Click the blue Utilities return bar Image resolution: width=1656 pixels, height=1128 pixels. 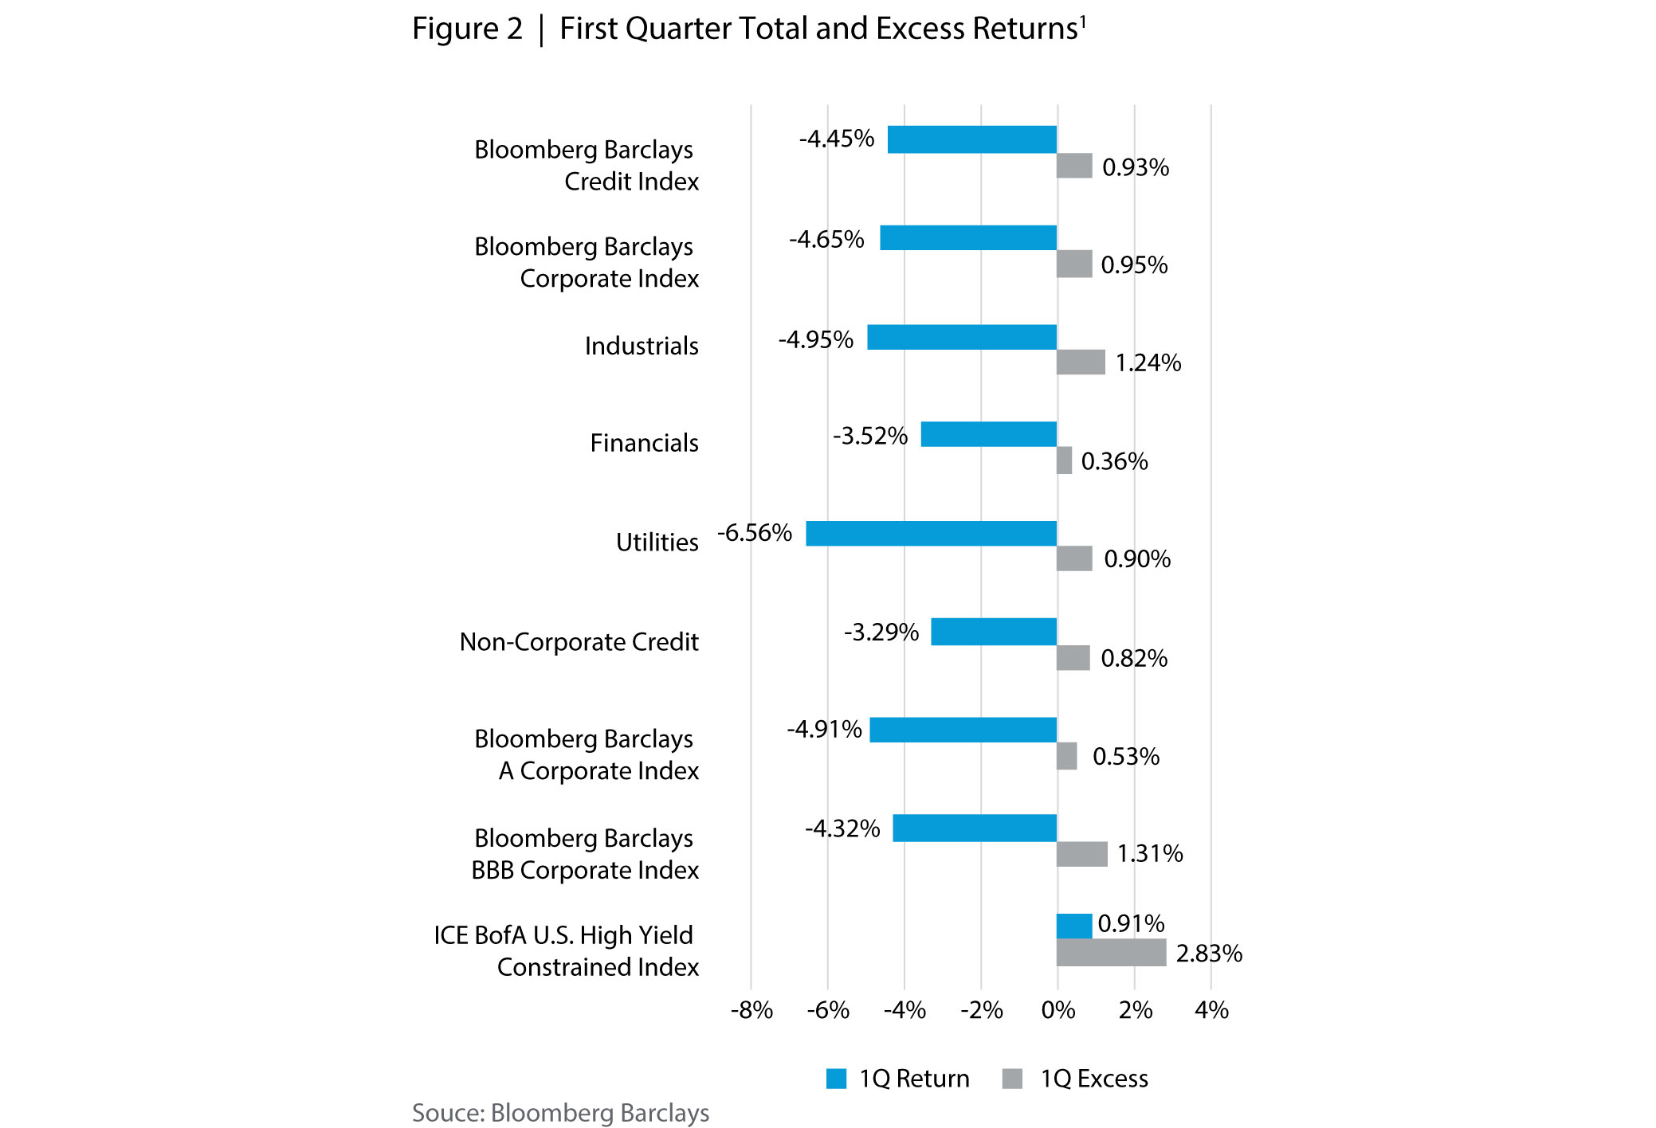(931, 533)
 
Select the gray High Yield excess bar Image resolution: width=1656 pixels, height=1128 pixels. (1111, 952)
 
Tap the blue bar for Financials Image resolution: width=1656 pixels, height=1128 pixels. (988, 434)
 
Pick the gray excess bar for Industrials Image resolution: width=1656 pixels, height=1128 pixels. (1081, 362)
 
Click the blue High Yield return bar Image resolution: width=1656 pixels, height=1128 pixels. (1073, 926)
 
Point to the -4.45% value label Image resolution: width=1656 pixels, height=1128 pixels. (836, 139)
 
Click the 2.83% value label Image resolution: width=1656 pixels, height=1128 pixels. (1208, 954)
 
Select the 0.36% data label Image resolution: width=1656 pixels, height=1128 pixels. (1114, 461)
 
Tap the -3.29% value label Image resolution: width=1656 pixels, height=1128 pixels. (881, 632)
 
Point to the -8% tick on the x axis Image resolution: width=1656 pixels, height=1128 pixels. (751, 1010)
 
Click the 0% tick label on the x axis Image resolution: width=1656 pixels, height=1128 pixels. (1058, 1010)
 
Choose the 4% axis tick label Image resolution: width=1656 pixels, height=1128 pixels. (1211, 1010)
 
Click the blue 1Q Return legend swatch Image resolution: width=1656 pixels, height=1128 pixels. (836, 1079)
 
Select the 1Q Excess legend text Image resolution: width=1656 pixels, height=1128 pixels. (1093, 1079)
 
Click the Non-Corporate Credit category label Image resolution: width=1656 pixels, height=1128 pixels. (579, 641)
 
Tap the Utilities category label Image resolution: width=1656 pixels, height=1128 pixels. (657, 542)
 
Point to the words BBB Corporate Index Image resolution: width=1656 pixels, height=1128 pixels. (584, 870)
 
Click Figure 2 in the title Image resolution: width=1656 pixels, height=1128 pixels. (467, 29)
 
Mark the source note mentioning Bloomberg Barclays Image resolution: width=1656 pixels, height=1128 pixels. (560, 1113)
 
